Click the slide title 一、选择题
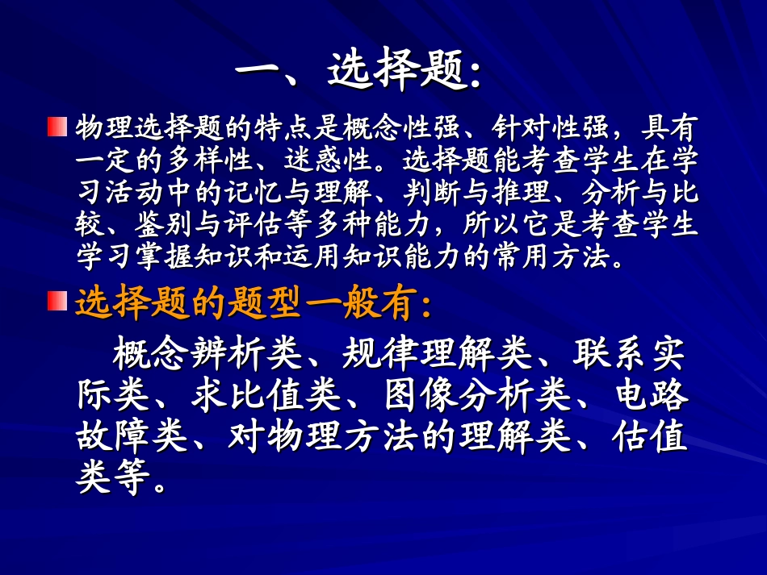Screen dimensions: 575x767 [x=359, y=73]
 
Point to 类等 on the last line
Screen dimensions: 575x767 [x=113, y=481]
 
